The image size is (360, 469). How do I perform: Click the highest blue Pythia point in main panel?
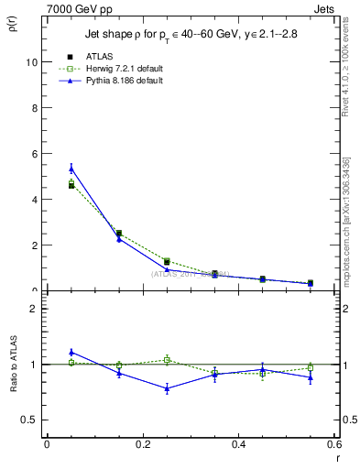tap(71, 169)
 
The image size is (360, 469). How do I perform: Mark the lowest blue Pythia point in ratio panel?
tap(167, 388)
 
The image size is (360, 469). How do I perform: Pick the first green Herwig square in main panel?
tap(71, 183)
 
